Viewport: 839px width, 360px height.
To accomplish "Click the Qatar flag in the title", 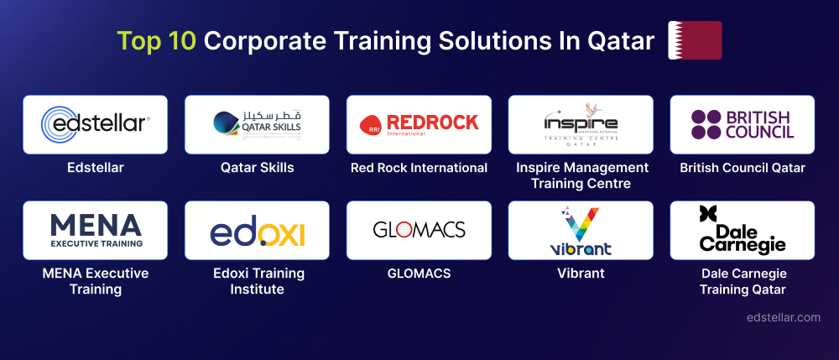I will [694, 40].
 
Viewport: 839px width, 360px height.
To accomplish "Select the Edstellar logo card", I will [95, 124].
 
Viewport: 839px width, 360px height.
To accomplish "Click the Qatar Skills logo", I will [257, 124].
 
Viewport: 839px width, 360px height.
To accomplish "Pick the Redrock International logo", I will [419, 124].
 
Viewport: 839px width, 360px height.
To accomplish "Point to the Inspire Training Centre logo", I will [581, 124].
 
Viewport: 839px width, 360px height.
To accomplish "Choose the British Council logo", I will [743, 124].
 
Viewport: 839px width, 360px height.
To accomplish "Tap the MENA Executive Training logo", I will [95, 230].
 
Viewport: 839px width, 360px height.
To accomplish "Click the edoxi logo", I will [257, 230].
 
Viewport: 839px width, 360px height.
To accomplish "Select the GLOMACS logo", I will [419, 230].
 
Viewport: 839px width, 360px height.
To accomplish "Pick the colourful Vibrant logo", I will [581, 230].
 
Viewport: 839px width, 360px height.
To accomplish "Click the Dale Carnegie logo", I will [743, 230].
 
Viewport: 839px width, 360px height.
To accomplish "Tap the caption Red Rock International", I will [419, 168].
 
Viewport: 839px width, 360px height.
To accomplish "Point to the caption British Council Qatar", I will [743, 168].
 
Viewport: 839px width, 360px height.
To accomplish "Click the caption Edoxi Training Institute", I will [257, 281].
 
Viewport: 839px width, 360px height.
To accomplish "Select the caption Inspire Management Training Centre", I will [581, 175].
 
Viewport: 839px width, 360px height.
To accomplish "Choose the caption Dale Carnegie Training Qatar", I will [743, 281].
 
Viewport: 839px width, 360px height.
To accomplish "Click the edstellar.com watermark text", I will [784, 317].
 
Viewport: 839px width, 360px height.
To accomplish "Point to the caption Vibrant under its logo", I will [581, 274].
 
